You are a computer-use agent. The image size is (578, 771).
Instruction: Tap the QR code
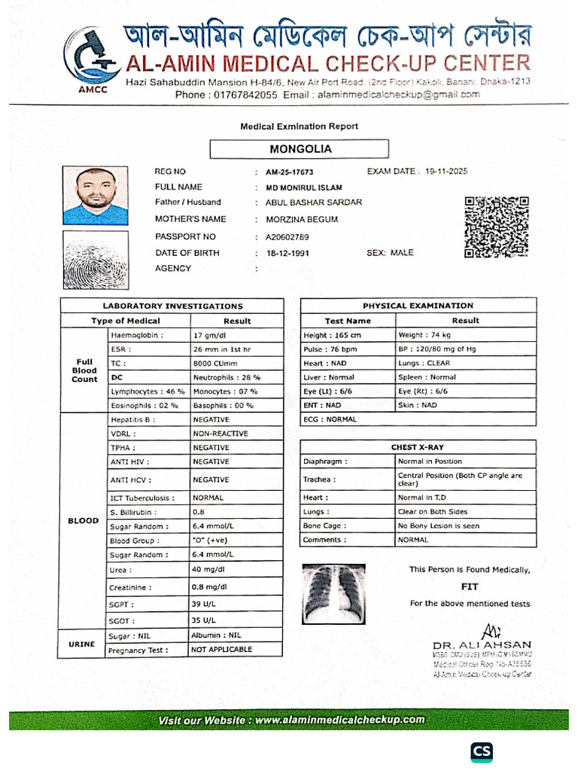[496, 227]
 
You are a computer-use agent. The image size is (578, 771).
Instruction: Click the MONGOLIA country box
[300, 149]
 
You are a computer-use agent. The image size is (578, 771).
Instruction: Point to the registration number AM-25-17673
[290, 172]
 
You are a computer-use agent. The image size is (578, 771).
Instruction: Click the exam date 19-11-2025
[446, 172]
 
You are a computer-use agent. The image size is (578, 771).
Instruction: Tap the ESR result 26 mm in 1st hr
[222, 349]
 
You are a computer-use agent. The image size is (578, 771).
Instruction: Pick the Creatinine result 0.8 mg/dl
[210, 587]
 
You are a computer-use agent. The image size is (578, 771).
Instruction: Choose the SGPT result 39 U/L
[204, 605]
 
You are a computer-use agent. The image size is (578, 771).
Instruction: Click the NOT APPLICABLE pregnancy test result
[222, 649]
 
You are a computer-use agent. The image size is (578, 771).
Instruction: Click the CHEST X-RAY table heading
[418, 447]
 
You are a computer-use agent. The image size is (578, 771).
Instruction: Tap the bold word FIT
[470, 587]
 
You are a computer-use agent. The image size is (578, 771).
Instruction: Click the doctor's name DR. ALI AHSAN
[482, 645]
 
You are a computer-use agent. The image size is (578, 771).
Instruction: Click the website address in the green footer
[339, 720]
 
